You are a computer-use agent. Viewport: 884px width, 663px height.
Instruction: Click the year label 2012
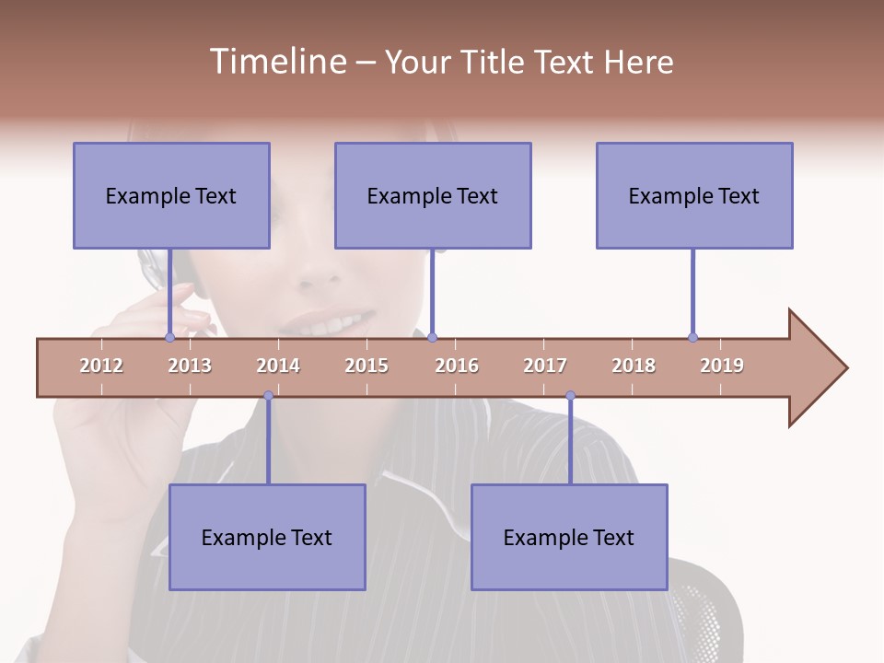coord(101,366)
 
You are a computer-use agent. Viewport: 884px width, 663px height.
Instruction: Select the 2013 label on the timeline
coord(190,366)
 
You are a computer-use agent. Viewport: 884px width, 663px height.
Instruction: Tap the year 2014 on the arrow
coord(278,366)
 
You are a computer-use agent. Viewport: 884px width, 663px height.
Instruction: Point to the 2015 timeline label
coord(366,366)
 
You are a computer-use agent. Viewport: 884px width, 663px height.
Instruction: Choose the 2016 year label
coord(457,366)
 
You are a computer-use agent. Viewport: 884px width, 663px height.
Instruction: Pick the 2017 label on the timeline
coord(545,366)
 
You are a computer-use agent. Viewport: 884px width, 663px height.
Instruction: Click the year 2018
coord(634,366)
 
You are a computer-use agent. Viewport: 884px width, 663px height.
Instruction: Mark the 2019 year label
coord(722,366)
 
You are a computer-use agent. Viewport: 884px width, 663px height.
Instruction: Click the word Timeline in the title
coord(276,62)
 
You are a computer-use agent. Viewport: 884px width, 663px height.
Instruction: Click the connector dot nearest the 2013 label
coord(169,338)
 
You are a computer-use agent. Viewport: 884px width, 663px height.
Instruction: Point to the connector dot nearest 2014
coord(268,396)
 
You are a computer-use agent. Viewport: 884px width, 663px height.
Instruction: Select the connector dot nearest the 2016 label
coord(433,338)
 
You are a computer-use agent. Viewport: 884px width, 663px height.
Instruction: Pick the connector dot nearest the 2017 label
coord(570,396)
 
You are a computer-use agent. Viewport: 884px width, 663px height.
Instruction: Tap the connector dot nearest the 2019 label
coord(692,338)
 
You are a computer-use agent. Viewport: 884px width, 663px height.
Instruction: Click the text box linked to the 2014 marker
coord(267,537)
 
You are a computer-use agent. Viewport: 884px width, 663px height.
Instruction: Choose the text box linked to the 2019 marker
coord(694,195)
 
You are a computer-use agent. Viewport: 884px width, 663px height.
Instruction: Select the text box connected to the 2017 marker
coord(569,537)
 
